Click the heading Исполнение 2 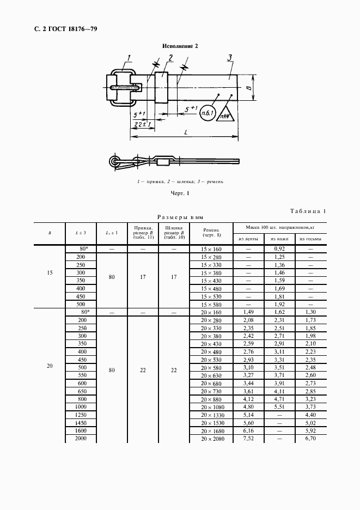tap(179, 46)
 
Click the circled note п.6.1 tap(207, 113)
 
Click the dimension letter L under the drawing tap(187, 133)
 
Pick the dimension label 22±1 tap(141, 125)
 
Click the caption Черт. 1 tap(179, 193)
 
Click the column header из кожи tap(279, 239)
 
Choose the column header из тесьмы tap(310, 239)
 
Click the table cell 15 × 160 tap(210, 248)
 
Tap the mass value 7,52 tap(248, 439)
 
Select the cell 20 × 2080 tap(210, 439)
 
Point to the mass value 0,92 tap(279, 248)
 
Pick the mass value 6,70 tap(310, 439)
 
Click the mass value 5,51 tap(279, 408)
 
